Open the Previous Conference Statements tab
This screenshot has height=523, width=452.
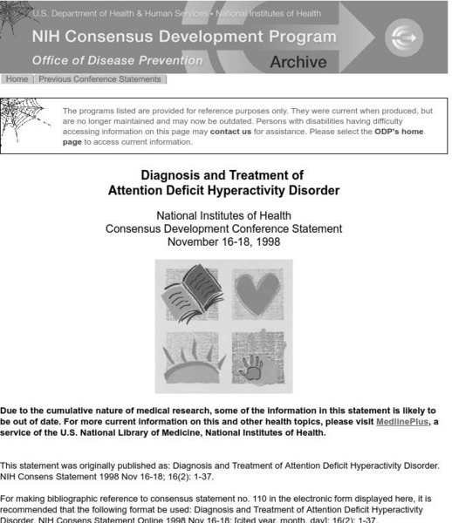[x=99, y=79]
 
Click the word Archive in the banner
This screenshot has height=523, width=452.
[x=298, y=62]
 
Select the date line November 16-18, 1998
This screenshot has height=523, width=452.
[x=223, y=241]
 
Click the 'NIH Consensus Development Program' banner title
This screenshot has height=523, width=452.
[x=183, y=37]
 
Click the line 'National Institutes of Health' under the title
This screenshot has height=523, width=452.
[x=223, y=215]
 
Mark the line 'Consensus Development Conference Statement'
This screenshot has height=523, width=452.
[x=223, y=228]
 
